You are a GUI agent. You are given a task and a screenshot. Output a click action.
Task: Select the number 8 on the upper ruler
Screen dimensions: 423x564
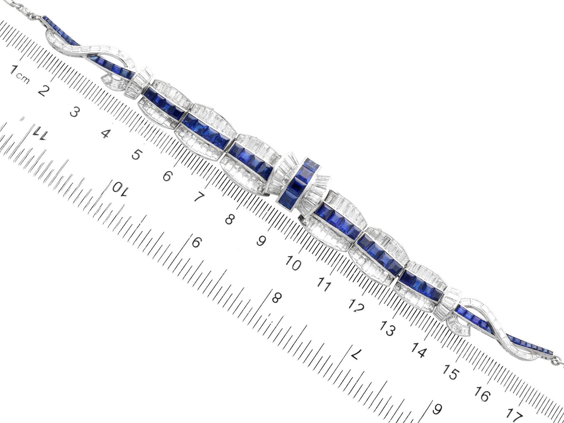(229, 219)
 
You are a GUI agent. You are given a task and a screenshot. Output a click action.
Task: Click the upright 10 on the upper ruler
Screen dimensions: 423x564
(294, 264)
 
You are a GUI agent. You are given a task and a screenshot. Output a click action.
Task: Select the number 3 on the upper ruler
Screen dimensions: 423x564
(74, 112)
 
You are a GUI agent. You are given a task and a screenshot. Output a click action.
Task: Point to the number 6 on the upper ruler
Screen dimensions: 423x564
(167, 176)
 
